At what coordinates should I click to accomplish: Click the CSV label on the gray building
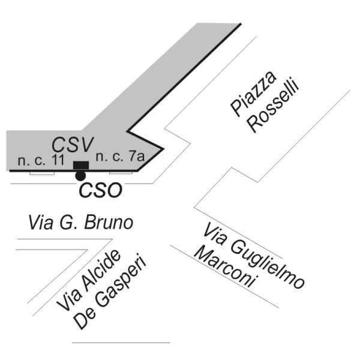pos(73,145)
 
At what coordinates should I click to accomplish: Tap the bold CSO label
pos(100,190)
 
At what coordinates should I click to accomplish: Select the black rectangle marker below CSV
pos(80,165)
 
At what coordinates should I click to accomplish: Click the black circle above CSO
pos(80,175)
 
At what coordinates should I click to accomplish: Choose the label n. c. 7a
pos(119,157)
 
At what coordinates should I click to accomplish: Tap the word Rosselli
pos(274,108)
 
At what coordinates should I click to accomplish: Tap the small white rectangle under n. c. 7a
pos(120,173)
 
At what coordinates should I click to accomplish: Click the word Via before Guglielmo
pos(215,234)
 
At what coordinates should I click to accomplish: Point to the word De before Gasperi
pos(84,319)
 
